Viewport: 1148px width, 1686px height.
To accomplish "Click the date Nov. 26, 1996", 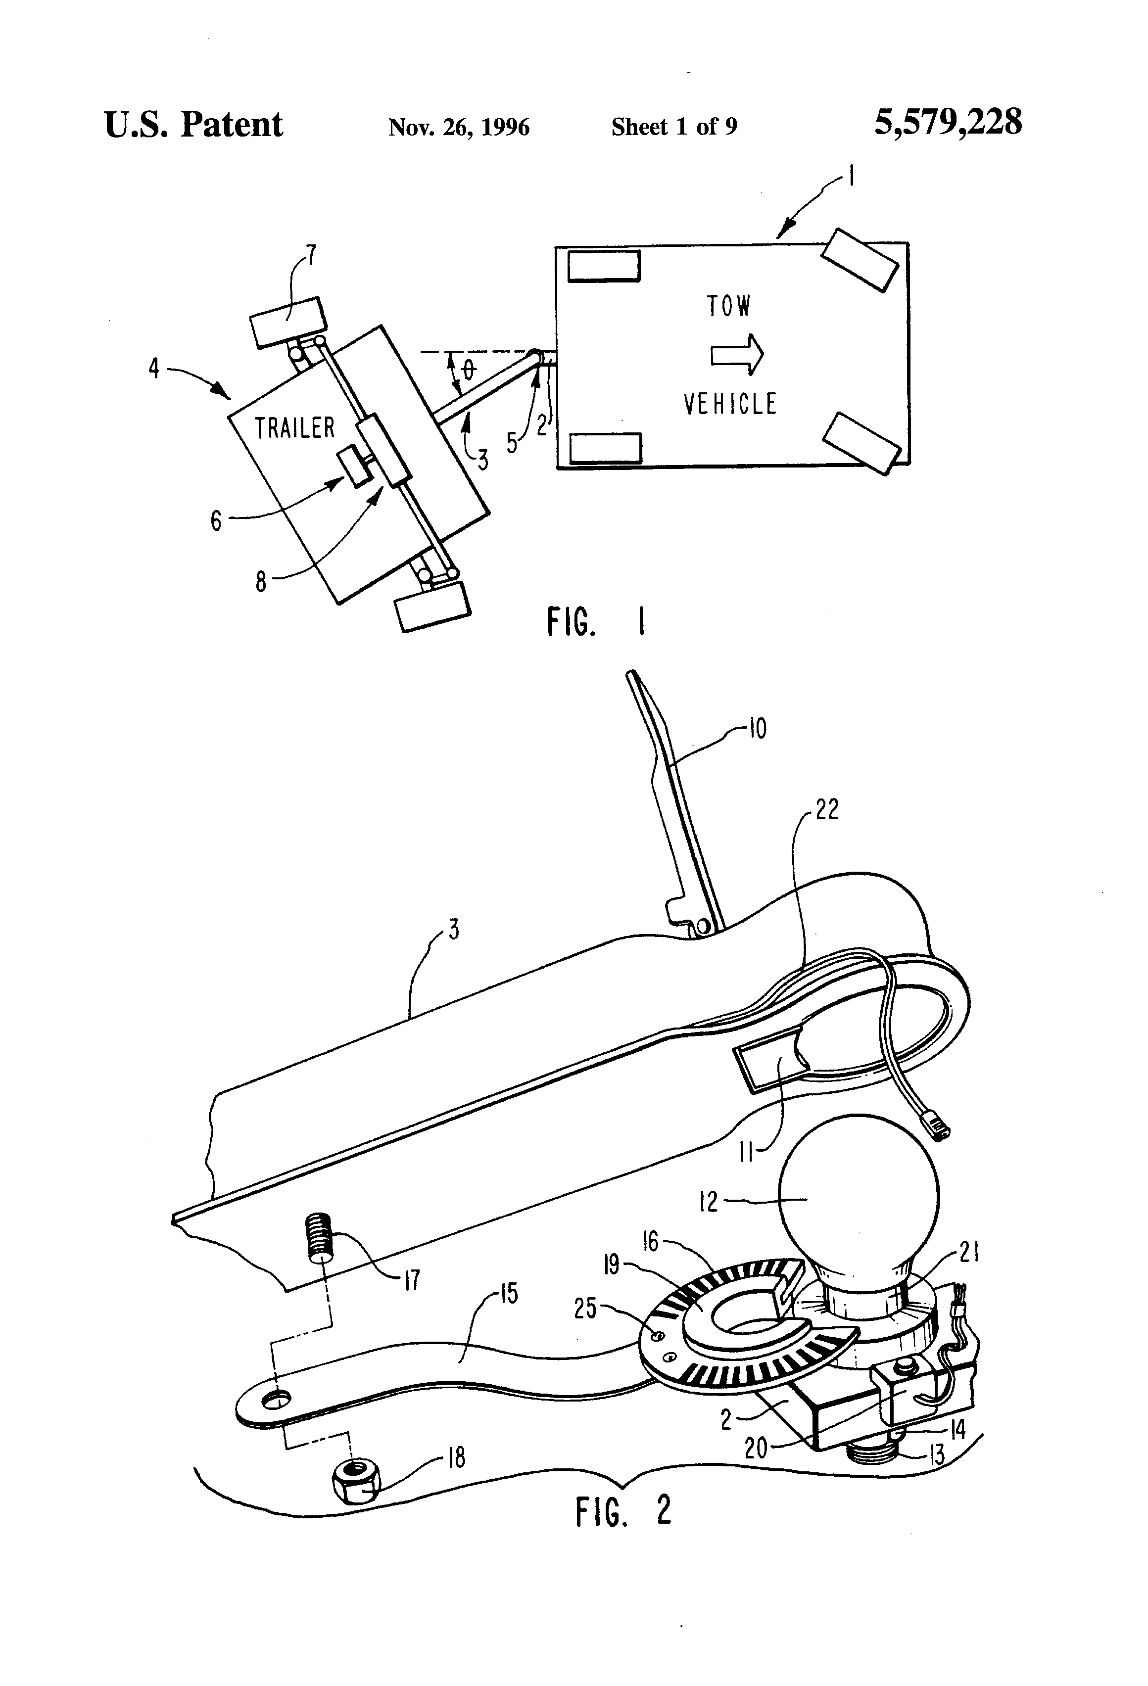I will tap(459, 128).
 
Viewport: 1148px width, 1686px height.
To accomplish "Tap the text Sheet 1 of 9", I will tap(673, 127).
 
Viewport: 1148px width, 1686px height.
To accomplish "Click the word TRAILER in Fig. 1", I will tap(294, 428).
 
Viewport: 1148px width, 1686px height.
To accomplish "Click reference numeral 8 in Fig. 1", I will tap(260, 582).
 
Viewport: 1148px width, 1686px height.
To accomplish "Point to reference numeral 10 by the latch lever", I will tap(757, 728).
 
